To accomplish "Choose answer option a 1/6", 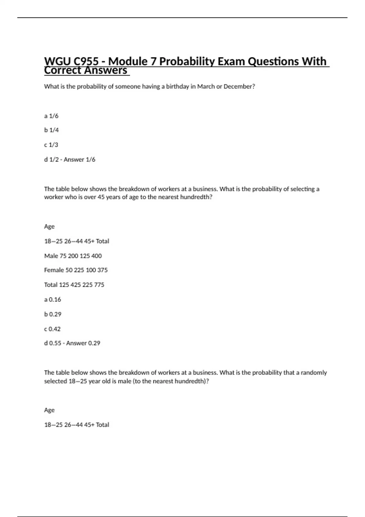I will click(51, 116).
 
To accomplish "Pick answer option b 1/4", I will click(51, 130).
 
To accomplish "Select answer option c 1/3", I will click(51, 145).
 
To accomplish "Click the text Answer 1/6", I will click(79, 159).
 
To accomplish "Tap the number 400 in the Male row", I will click(96, 256).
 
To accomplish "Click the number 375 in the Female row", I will click(103, 270).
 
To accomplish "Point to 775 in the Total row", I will click(99, 285).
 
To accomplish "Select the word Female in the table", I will click(54, 270).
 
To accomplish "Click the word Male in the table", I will click(51, 256).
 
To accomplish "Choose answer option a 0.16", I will click(53, 300).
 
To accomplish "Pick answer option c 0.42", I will click(52, 329).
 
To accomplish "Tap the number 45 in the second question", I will click(101, 197).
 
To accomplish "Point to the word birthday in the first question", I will click(177, 86).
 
